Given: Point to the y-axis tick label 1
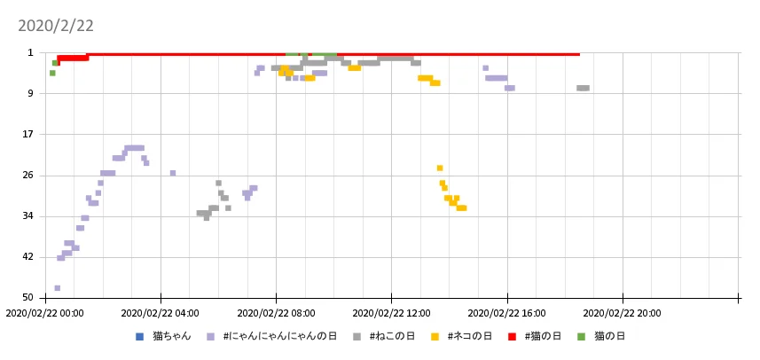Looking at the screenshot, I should tap(29, 53).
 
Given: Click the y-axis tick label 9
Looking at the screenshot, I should tap(29, 94).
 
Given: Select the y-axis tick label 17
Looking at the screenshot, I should tap(27, 135).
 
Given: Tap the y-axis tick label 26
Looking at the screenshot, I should tap(27, 176).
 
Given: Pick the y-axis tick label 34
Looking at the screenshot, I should tap(27, 216).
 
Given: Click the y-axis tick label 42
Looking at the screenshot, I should tap(27, 257).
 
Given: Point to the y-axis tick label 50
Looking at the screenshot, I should tap(27, 298).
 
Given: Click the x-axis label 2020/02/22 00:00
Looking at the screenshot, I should tap(44, 312).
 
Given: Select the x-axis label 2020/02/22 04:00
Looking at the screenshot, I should tap(160, 312).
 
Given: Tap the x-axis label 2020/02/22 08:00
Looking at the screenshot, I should tap(276, 312).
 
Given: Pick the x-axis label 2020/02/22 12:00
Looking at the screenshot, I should tap(391, 312).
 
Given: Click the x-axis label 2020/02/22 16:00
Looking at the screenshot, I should tap(506, 312).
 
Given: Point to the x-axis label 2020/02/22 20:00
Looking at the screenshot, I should tap(622, 312).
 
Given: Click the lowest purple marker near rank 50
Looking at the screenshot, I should tap(58, 288).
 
